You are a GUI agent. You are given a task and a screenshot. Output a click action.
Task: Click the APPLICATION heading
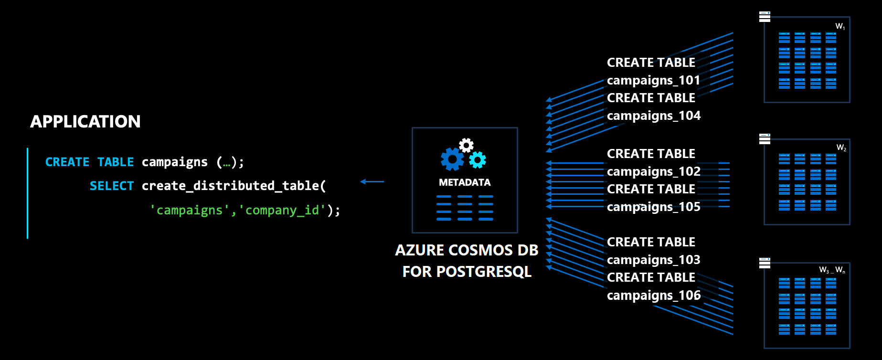click(85, 122)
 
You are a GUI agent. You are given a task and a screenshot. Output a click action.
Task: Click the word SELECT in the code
click(112, 186)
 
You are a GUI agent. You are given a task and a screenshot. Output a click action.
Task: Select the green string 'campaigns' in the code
click(190, 210)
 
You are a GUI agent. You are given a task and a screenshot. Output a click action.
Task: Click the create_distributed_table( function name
click(234, 186)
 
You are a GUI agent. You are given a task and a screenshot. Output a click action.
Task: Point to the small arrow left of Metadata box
click(372, 181)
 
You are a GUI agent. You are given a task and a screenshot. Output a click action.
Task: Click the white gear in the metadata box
click(466, 145)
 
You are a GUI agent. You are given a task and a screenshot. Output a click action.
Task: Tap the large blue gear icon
click(452, 159)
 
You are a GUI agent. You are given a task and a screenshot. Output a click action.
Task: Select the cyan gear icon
click(477, 160)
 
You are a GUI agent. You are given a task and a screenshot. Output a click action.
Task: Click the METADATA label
click(465, 182)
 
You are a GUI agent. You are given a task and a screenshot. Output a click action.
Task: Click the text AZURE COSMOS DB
click(467, 250)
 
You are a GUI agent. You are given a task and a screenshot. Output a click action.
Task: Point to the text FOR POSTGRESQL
click(467, 272)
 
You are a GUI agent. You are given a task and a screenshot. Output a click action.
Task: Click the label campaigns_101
click(653, 80)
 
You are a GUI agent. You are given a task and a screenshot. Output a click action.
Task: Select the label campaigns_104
click(653, 116)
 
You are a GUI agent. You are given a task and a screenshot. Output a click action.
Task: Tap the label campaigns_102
click(653, 171)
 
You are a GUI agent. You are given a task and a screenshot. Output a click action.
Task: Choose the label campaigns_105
click(653, 207)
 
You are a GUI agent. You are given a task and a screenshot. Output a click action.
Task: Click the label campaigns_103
click(653, 260)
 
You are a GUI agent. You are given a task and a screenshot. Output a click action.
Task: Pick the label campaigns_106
click(653, 296)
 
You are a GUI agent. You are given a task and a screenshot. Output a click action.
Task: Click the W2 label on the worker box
click(841, 148)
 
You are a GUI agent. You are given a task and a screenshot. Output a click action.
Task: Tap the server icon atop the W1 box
click(765, 17)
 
